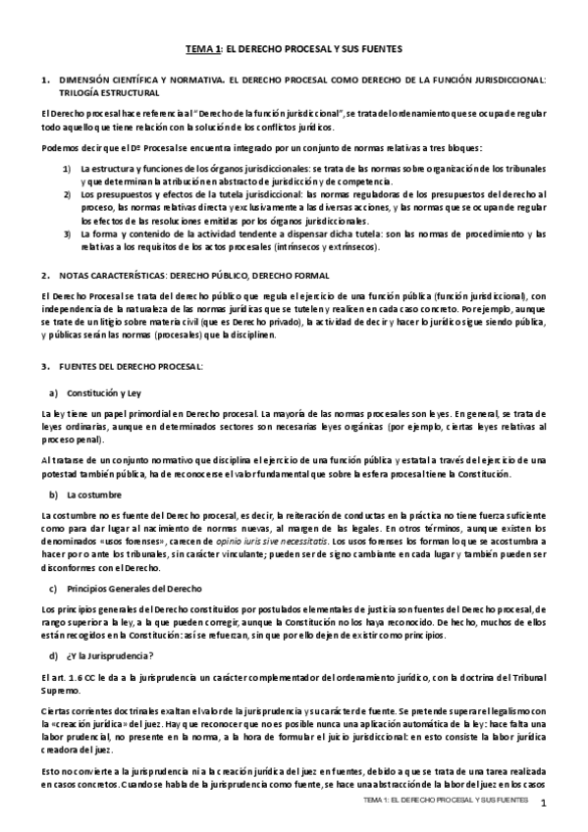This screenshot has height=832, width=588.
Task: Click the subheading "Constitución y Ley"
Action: [x=105, y=392]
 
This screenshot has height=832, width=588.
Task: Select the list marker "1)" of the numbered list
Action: [x=68, y=170]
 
